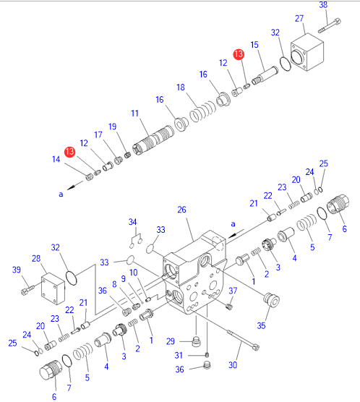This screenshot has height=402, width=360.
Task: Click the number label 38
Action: point(323,4)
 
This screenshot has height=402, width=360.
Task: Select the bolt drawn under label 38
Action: point(330,25)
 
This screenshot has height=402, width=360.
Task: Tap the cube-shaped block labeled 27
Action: point(307,52)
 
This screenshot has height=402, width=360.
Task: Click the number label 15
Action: point(254,45)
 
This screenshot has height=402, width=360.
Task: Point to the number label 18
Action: point(181,87)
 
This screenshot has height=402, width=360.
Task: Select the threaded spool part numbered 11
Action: point(153,140)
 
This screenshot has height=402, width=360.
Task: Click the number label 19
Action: point(112,127)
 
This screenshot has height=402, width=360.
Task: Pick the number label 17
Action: point(98,134)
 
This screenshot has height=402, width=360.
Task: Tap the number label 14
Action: point(56,159)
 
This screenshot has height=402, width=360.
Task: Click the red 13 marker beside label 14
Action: point(69,152)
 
